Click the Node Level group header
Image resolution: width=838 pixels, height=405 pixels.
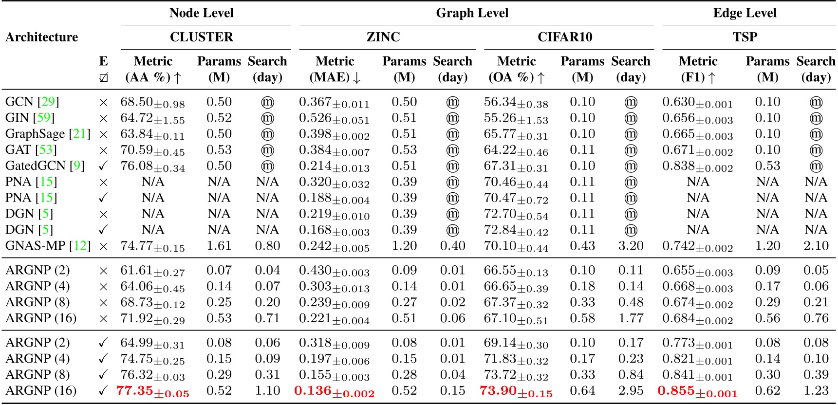(201, 13)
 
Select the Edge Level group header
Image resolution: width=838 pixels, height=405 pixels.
(745, 13)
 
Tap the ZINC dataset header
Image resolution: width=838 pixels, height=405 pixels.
(383, 37)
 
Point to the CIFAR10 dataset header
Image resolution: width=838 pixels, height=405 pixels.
(565, 37)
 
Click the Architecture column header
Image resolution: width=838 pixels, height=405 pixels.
(42, 37)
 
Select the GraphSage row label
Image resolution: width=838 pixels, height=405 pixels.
(35, 134)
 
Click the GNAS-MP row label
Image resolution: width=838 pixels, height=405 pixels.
(35, 246)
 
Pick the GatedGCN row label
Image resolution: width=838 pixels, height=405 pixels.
(35, 166)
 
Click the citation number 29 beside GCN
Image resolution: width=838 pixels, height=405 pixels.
(48, 102)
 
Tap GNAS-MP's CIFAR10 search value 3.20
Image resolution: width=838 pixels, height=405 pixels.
(631, 246)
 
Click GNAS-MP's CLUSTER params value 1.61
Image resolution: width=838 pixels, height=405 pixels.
(219, 246)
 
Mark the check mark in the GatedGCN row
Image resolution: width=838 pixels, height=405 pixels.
(103, 166)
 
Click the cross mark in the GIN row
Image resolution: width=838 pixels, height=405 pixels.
(103, 118)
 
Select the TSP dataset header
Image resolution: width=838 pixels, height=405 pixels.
(745, 37)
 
